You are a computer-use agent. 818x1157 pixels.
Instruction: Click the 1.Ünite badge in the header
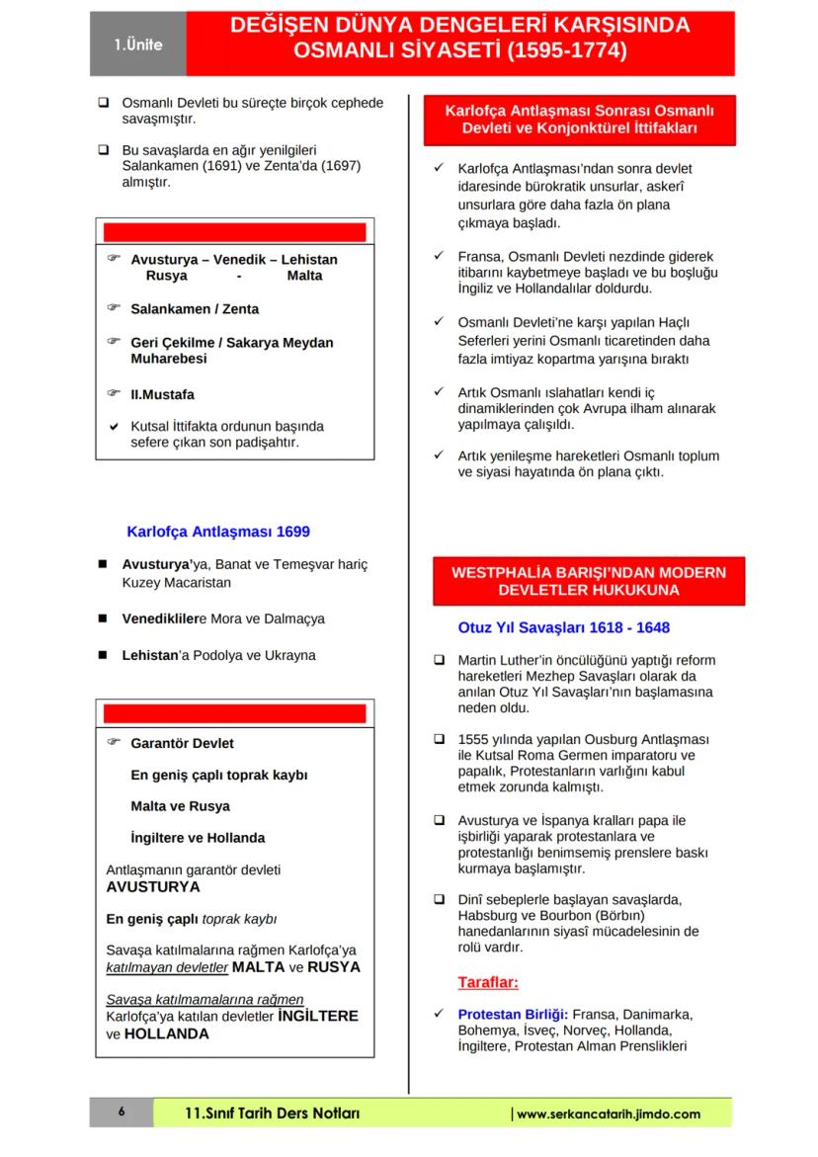tap(137, 44)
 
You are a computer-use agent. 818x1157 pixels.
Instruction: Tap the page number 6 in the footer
tap(122, 1113)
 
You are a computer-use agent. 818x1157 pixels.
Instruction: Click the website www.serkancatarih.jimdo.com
tap(609, 1114)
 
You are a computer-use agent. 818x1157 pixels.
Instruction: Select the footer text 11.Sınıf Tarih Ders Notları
tap(273, 1114)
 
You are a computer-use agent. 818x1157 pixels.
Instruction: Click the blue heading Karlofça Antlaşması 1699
tap(218, 532)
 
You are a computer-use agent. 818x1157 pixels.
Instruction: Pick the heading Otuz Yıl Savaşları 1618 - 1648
tap(564, 627)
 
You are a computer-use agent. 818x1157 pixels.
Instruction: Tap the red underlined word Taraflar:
tap(488, 982)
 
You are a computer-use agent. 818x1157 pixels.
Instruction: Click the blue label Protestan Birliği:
tap(513, 1015)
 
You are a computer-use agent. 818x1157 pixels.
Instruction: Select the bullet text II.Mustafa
tap(162, 393)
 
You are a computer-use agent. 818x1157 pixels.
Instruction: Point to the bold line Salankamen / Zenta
tap(195, 309)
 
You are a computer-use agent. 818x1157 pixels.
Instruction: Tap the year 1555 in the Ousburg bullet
tap(475, 739)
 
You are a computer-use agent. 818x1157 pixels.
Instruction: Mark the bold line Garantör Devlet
tap(182, 743)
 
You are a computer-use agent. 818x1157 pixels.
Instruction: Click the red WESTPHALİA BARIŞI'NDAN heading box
tap(589, 581)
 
